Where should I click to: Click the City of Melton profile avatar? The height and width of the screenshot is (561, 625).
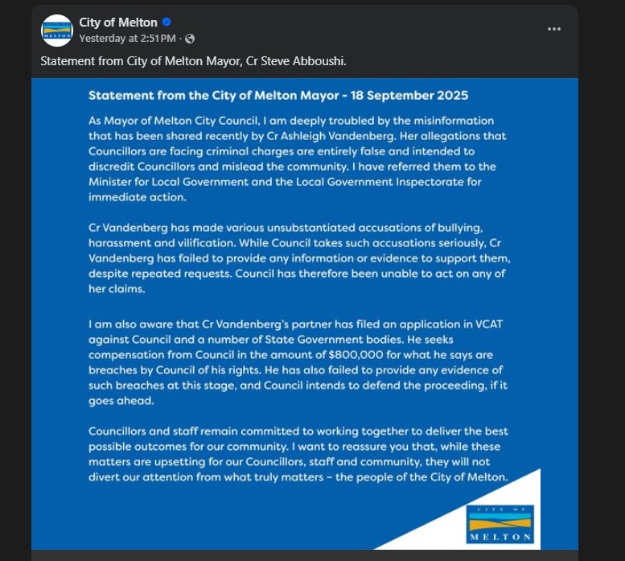point(57,30)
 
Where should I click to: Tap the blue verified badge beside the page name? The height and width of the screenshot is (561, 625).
point(167,23)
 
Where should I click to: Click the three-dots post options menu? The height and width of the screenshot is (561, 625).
point(554,29)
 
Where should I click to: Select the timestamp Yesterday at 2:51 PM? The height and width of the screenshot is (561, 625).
point(126,38)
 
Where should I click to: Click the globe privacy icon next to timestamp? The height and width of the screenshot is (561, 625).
point(190,38)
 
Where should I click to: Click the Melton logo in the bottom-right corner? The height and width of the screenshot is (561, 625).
point(500,524)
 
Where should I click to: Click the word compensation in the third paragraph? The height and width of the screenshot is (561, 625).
point(129,354)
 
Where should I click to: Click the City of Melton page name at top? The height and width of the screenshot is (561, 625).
point(118,23)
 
